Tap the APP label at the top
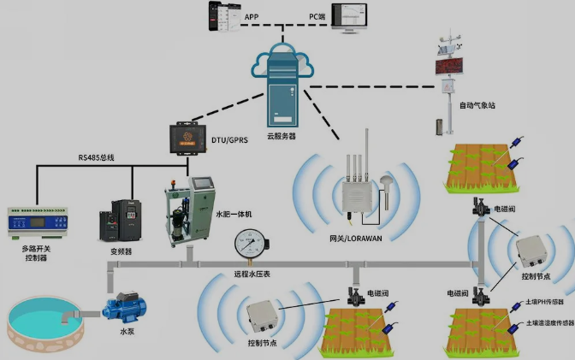pyautogui.click(x=252, y=16)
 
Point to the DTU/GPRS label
pyautogui.click(x=229, y=139)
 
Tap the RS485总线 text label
pyautogui.click(x=97, y=157)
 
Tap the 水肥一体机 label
pyautogui.click(x=234, y=214)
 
